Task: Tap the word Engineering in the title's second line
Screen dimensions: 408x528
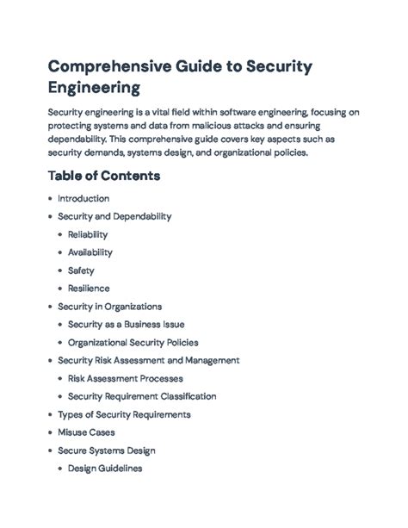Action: point(94,88)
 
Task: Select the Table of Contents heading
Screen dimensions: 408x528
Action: point(104,176)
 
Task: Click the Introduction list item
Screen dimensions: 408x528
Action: point(83,198)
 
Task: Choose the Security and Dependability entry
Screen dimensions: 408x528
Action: point(114,216)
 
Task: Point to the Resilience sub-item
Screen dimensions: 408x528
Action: point(89,289)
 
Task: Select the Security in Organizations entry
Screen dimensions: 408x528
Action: point(109,306)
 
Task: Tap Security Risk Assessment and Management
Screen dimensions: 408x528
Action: point(148,360)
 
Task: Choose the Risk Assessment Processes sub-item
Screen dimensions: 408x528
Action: point(125,378)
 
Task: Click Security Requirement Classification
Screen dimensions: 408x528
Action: point(142,396)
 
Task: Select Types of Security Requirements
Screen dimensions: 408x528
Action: point(124,414)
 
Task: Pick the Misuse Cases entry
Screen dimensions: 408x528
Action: point(86,432)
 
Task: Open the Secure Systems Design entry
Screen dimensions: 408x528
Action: point(106,450)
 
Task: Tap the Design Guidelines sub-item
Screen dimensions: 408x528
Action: point(104,469)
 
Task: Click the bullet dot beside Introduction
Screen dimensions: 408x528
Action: point(50,198)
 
